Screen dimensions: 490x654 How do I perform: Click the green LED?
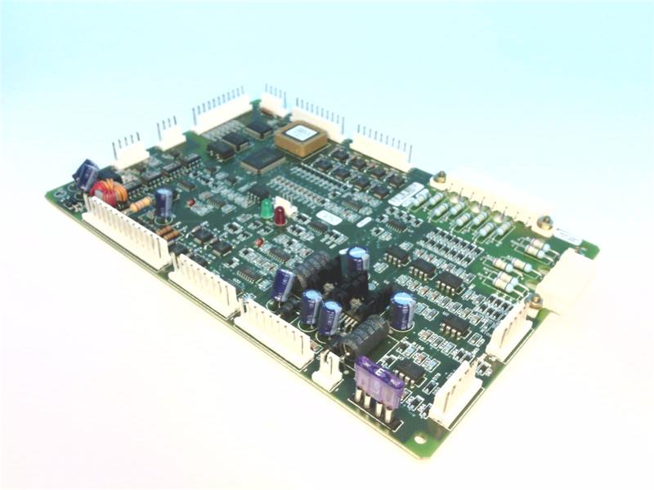(x=267, y=208)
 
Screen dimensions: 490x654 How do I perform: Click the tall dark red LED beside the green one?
(x=280, y=216)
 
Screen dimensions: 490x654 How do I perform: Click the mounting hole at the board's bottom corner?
(x=419, y=439)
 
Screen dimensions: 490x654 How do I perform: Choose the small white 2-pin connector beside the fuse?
(x=327, y=369)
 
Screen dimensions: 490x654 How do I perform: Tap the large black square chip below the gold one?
(x=262, y=160)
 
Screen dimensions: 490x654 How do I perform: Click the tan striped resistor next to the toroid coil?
(x=140, y=203)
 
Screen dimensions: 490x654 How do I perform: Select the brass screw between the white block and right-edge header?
(x=535, y=302)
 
